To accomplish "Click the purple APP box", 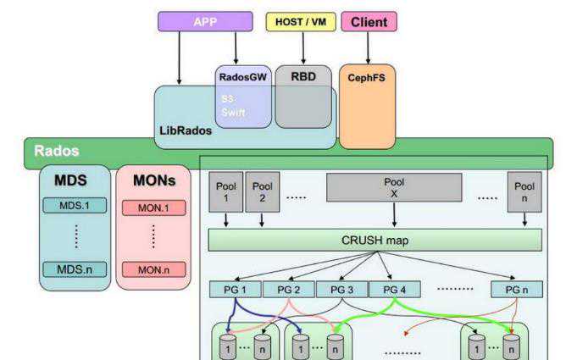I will [204, 21].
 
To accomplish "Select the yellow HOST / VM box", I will [301, 22].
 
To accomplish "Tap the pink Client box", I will [369, 22].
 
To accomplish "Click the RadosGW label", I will [242, 75].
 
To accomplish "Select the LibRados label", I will [184, 131].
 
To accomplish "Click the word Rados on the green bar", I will [56, 152].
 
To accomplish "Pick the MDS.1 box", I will [75, 206].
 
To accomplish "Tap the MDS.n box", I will [75, 269].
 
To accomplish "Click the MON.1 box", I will [153, 207].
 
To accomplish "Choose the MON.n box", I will [153, 270].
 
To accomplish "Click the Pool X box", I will [394, 187].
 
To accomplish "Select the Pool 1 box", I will [226, 191].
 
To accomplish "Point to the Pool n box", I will [524, 191].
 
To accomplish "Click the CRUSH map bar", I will [375, 240].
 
